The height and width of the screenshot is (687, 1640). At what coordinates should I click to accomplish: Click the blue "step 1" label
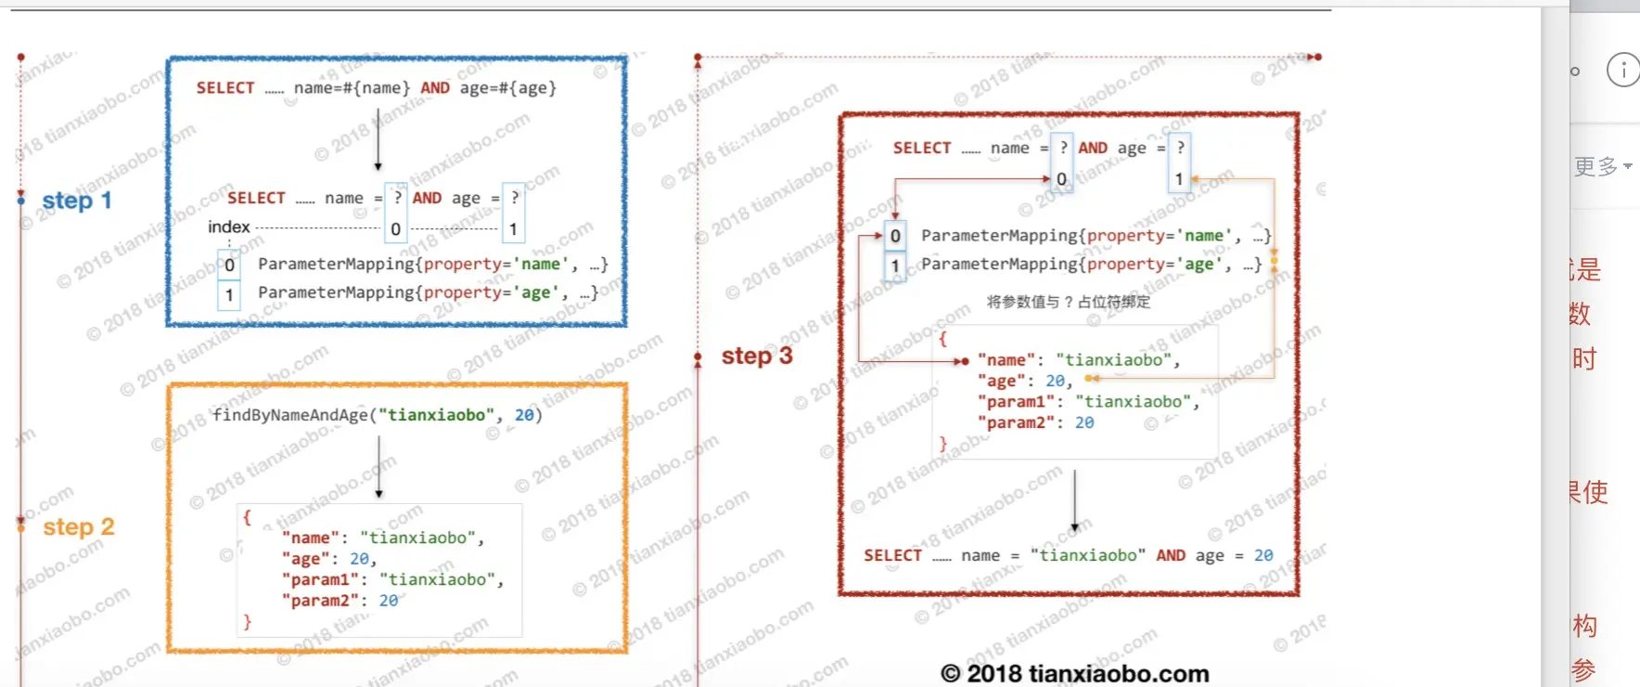tap(77, 201)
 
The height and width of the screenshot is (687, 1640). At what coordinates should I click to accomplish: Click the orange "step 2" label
tap(79, 527)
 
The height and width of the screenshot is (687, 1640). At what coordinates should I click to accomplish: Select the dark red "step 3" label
tap(757, 356)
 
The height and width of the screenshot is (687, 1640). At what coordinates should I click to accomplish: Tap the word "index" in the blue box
tap(228, 227)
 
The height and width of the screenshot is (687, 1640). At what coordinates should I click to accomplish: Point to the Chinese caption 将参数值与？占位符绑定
tap(1068, 302)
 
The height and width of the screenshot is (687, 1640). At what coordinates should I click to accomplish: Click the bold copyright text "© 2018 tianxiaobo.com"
tap(1074, 673)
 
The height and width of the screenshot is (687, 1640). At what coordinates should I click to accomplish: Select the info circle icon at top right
tap(1623, 70)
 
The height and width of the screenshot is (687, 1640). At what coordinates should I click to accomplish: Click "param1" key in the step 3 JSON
tap(1016, 402)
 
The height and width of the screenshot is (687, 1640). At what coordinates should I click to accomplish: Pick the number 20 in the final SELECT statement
tap(1263, 555)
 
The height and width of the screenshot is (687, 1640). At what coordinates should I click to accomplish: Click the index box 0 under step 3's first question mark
tap(1061, 179)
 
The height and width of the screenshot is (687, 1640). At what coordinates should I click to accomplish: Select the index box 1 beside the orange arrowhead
tap(1178, 179)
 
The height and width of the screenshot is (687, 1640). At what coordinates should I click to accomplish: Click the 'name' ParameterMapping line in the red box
tap(1095, 236)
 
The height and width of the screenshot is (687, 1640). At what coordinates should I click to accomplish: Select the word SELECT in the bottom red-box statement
tap(892, 555)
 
